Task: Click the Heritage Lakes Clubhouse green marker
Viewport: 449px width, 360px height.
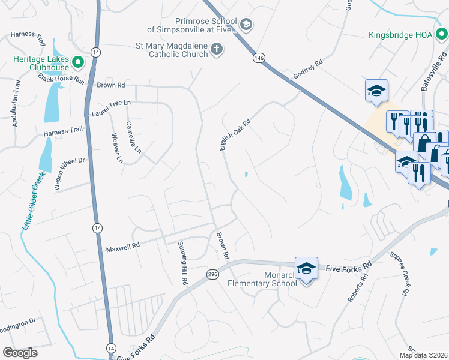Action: pos(78,62)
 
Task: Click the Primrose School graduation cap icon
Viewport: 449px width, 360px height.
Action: pos(246,25)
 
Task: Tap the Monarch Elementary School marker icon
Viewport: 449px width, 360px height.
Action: pos(306,268)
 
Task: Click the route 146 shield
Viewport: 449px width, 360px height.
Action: pos(259,58)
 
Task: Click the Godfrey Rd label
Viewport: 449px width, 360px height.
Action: pos(308,70)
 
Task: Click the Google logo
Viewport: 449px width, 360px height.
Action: pos(20,353)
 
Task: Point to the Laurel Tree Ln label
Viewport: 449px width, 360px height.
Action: pos(110,108)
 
